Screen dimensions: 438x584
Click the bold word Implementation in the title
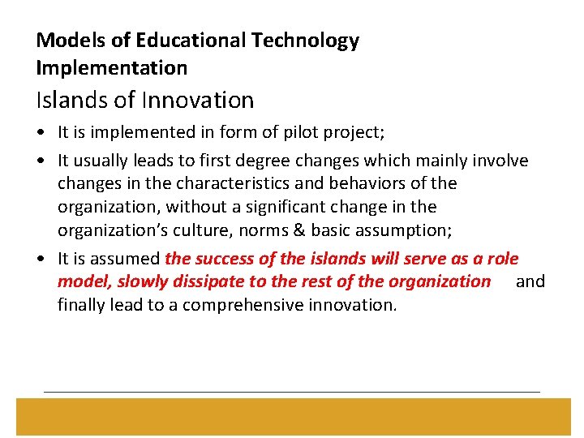point(112,67)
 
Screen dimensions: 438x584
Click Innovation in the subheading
point(198,100)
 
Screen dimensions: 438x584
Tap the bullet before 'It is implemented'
point(41,131)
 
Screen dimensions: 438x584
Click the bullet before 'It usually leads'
point(41,161)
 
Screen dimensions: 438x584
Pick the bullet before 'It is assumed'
point(41,260)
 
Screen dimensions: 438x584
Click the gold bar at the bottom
point(292,416)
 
